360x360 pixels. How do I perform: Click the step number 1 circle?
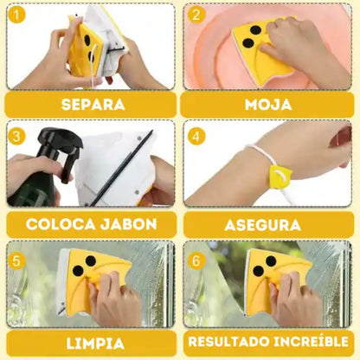coord(16,15)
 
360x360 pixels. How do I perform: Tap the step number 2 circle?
coord(196,15)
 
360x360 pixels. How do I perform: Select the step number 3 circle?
coord(16,136)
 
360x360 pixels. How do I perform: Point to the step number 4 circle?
coord(196,136)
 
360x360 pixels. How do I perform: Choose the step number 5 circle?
coord(16,256)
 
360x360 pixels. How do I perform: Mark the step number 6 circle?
coord(196,256)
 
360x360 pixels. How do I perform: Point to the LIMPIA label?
coord(90,344)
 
